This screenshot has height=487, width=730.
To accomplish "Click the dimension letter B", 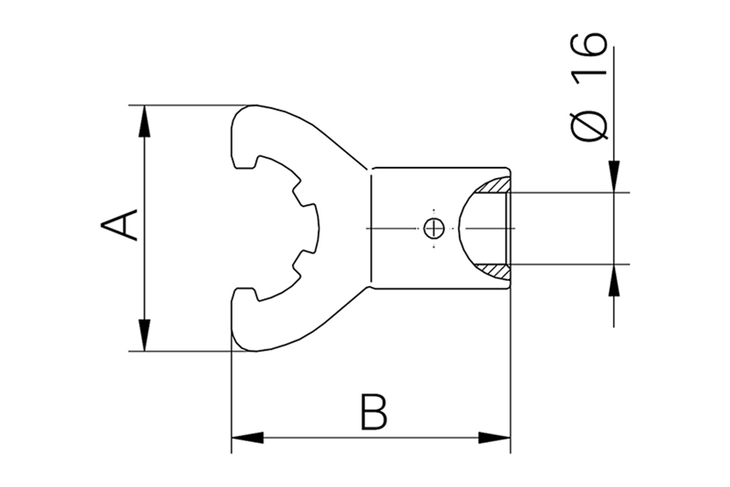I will pos(373,413).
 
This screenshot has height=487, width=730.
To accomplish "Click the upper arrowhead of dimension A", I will pos(144,120).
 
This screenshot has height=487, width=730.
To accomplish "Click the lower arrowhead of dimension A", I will pos(144,336).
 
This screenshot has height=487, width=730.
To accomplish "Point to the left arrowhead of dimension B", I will pos(247,437).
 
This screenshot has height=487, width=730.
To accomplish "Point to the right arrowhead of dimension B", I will pos(495,437).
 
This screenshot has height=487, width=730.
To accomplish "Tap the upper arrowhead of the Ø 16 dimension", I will pos(614,177).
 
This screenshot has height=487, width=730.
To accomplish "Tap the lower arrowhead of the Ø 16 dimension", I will pos(614,278).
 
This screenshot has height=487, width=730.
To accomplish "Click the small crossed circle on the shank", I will pos(434,228).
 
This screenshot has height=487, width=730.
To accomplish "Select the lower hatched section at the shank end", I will pos(496,271).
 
